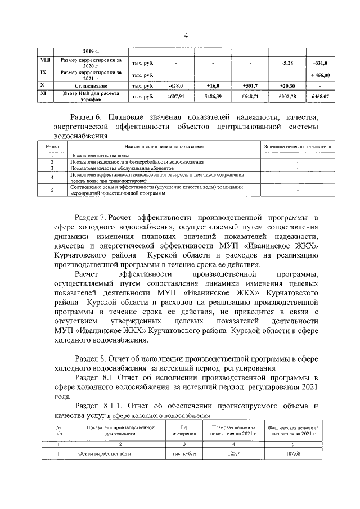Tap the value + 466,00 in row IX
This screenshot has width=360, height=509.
point(319,75)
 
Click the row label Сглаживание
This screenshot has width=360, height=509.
point(91,85)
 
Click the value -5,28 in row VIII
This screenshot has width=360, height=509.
point(287,63)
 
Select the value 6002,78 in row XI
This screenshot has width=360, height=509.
point(287,97)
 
